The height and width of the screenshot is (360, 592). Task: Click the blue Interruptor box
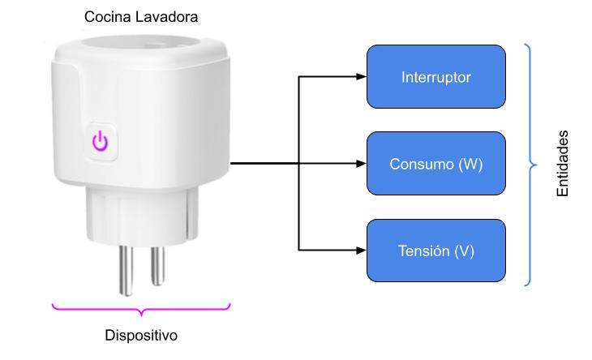click(436, 77)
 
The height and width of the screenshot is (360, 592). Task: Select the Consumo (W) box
click(436, 164)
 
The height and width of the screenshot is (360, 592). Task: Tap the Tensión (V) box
click(436, 251)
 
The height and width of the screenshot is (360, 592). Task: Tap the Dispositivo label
click(142, 334)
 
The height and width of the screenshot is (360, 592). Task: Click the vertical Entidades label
click(563, 164)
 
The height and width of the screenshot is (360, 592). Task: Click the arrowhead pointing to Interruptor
click(362, 78)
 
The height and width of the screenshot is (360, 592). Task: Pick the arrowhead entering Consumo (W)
click(362, 164)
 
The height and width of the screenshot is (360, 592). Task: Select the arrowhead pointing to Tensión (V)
click(362, 250)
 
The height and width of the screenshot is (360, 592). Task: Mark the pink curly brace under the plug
click(141, 308)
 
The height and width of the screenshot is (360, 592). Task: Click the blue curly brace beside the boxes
click(530, 164)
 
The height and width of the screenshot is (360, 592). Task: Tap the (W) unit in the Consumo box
click(470, 164)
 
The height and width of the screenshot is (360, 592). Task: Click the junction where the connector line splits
click(299, 164)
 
